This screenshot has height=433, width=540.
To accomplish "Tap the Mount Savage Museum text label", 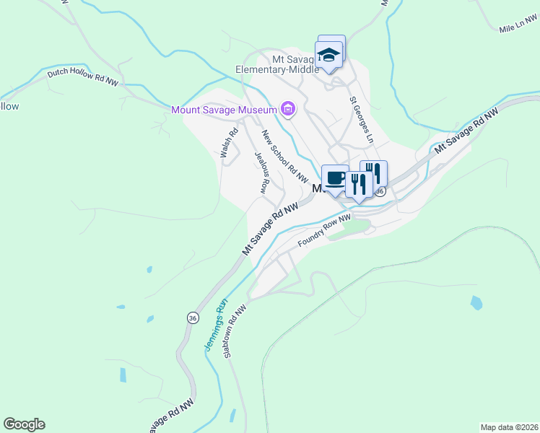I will tap(225, 110).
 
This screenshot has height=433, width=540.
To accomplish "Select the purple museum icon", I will tap(288, 109).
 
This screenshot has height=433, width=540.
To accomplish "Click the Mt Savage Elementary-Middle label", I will tap(277, 64).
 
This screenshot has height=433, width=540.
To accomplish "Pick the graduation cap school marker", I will tap(329, 55).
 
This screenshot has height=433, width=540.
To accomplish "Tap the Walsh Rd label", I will tap(229, 143).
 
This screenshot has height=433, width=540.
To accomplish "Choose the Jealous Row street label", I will tap(262, 172).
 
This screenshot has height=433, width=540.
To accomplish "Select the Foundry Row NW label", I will tap(324, 229).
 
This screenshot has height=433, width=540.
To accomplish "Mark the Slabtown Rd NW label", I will tap(235, 331).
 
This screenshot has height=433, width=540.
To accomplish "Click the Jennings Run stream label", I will tap(216, 325).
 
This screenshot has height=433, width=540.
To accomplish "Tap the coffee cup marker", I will tap(335, 178).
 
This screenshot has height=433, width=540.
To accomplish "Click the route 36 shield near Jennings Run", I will tap(192, 318).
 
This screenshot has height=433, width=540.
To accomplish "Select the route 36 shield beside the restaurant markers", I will tap(380, 191).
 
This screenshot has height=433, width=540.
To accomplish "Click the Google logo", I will tap(24, 424).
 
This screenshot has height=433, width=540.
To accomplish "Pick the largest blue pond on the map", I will tap(476, 302).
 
